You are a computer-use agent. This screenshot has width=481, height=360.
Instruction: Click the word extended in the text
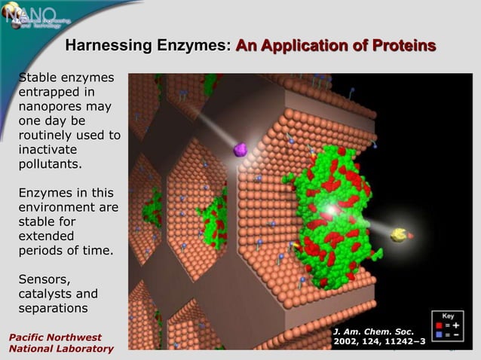click(47, 236)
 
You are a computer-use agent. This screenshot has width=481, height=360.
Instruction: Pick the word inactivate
click(49, 149)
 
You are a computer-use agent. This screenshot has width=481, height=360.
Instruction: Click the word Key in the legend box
click(448, 316)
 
